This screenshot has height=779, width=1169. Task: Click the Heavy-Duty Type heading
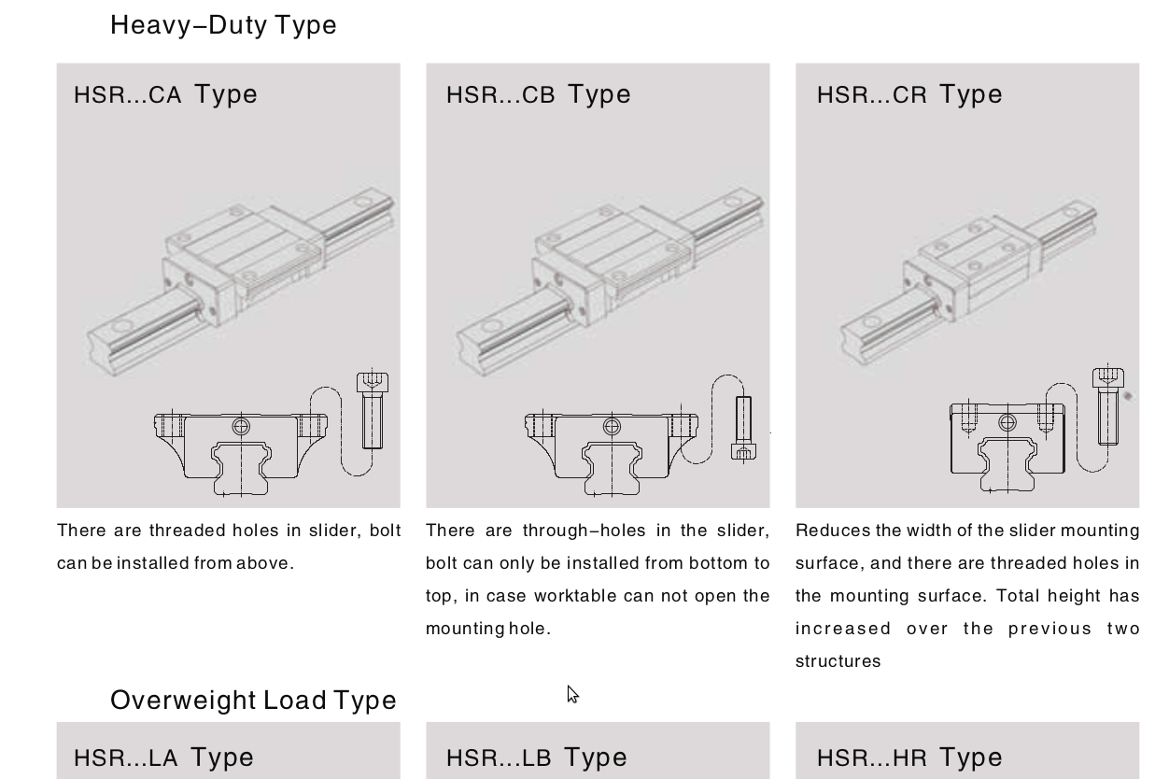[x=223, y=25]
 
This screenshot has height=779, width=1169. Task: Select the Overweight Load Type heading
[x=253, y=701]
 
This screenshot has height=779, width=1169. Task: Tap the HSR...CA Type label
[x=165, y=95]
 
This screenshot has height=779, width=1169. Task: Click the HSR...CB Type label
[x=538, y=95]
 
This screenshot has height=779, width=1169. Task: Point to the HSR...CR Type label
[x=909, y=95]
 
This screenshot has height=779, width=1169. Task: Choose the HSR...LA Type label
[x=163, y=758]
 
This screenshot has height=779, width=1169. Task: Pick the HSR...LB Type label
[x=537, y=758]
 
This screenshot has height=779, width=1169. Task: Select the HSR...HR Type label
[x=909, y=758]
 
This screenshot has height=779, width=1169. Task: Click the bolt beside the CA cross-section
[x=373, y=410]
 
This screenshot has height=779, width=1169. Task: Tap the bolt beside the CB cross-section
[x=743, y=428]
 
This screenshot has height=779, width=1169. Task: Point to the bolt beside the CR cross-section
[x=1108, y=406]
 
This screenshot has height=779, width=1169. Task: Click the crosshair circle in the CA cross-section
[x=241, y=427]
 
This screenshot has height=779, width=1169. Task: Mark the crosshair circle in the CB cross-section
[x=612, y=427]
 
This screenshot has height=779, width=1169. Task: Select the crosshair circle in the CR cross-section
[x=1007, y=422]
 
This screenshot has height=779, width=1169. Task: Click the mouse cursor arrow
[x=572, y=694]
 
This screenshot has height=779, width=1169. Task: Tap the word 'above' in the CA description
[x=265, y=563]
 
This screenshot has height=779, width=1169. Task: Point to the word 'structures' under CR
[x=838, y=661]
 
